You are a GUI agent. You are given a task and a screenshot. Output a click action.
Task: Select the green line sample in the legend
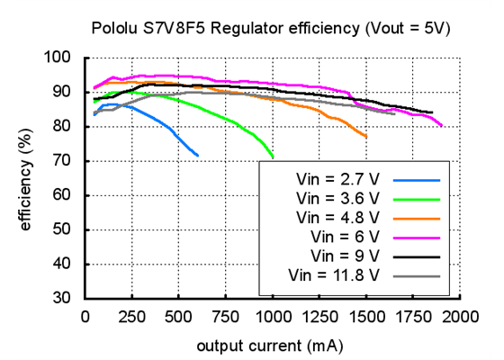point(415,197)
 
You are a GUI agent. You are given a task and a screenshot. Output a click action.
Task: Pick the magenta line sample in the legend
point(415,237)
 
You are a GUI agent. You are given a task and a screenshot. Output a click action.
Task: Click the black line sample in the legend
point(415,256)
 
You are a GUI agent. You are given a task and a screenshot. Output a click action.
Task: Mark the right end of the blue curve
point(198,156)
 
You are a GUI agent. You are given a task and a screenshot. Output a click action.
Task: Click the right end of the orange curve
point(366,137)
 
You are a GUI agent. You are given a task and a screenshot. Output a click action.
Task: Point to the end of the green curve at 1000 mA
point(273,157)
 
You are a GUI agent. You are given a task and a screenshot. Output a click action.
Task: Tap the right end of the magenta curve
point(442,126)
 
